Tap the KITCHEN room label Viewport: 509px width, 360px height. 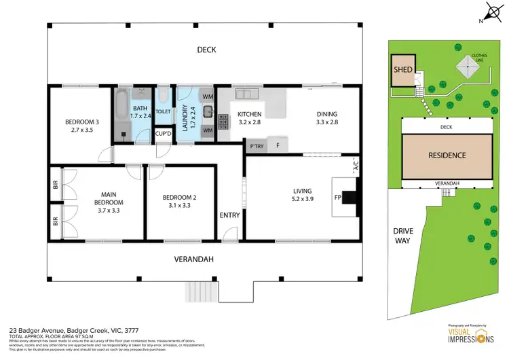[248, 114]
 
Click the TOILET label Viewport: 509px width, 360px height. [163, 111]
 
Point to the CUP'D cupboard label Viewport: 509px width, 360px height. [164, 134]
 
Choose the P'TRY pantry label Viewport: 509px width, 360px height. [257, 146]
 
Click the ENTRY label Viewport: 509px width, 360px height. [230, 215]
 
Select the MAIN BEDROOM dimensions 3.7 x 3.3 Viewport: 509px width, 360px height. [109, 211]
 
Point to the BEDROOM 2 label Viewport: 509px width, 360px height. [179, 198]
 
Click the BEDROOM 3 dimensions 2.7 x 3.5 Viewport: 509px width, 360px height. [82, 130]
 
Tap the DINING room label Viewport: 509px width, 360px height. [326, 114]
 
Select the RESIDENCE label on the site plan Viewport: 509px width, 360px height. [447, 155]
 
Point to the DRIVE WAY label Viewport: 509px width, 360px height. [403, 236]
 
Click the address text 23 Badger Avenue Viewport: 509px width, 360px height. [35, 328]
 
